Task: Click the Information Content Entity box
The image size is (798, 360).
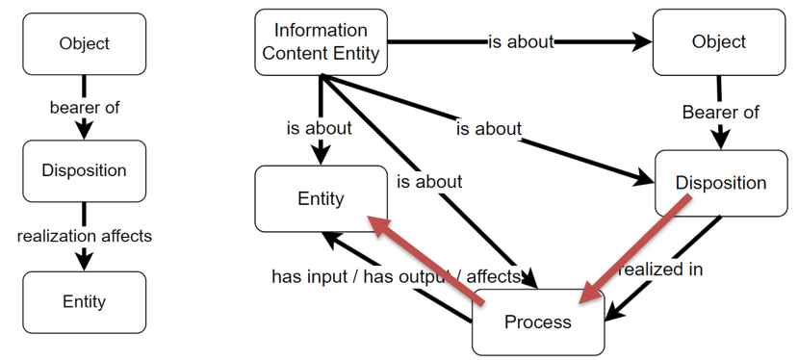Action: (x=321, y=42)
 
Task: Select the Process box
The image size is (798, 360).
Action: (x=537, y=321)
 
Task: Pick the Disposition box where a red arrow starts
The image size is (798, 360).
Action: (x=720, y=183)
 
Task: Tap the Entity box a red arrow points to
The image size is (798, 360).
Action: (x=321, y=198)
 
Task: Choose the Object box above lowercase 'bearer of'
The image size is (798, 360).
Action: (x=84, y=43)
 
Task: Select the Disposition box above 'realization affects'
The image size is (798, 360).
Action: (x=84, y=170)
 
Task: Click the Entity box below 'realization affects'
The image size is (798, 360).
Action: (x=84, y=301)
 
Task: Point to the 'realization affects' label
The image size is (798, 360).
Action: (x=84, y=235)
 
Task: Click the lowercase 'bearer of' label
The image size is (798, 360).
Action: (x=84, y=107)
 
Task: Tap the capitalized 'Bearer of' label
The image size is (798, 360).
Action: (x=720, y=113)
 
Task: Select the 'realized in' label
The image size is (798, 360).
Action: (x=660, y=270)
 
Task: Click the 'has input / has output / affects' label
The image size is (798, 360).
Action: (x=396, y=276)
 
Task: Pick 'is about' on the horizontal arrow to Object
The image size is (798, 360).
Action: (x=521, y=41)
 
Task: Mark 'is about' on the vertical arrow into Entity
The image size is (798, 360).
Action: (x=319, y=127)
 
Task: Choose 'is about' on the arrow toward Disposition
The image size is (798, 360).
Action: (x=488, y=128)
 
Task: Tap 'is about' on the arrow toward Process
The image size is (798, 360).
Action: (x=428, y=181)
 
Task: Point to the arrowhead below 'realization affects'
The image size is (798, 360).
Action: (x=84, y=259)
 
